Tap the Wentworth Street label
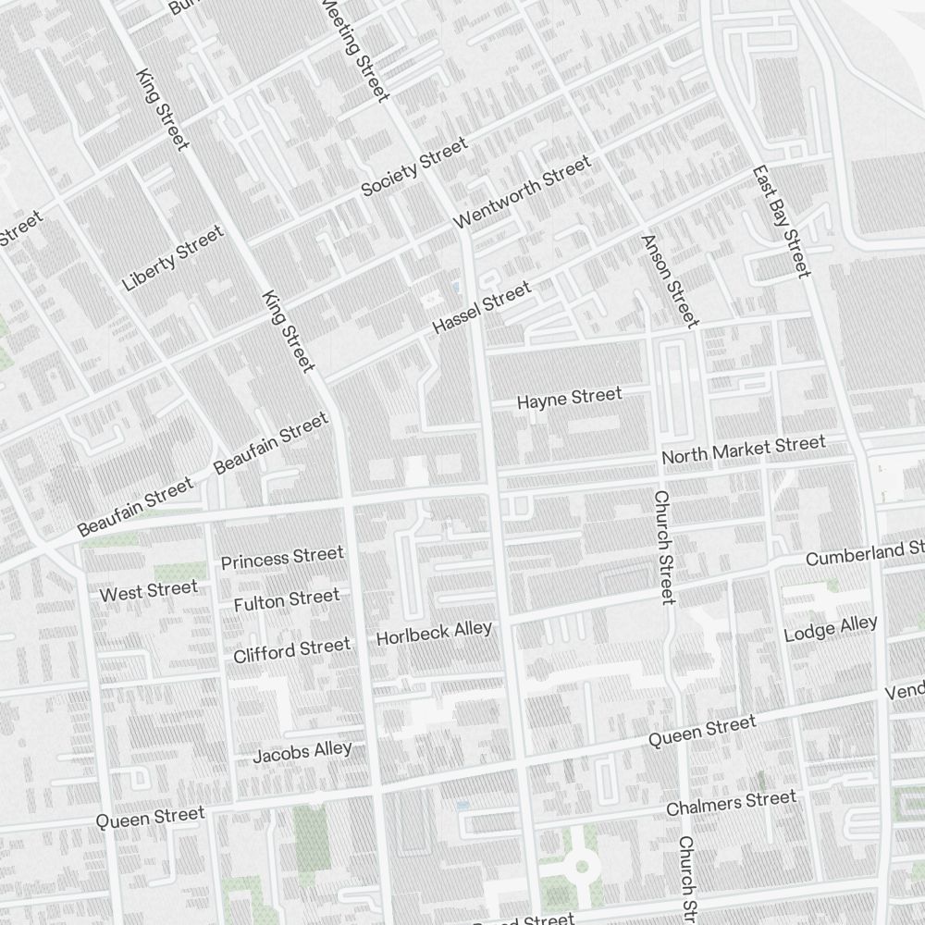coord(522,193)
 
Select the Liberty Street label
coord(173,258)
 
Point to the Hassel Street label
coord(482,309)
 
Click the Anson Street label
coord(669,280)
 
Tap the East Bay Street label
coord(781,221)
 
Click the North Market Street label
coord(743,450)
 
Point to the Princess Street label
coord(282,558)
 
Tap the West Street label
coord(148,590)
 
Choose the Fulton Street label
coord(287,600)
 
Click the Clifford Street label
coord(291,649)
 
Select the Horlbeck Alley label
coord(434,634)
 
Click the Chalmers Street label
coord(731,803)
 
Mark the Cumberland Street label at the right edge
coord(864,554)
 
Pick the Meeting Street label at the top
coord(355,48)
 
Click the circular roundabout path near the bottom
coord(582,867)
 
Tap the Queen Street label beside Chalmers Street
coord(701,732)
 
